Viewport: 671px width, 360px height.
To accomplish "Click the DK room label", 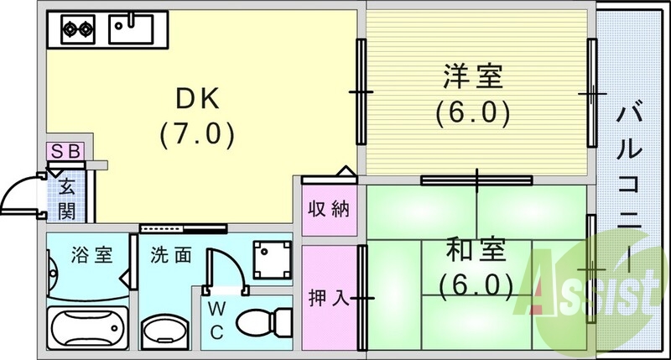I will tap(197, 98).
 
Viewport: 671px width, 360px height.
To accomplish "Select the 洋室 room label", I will tap(473, 78).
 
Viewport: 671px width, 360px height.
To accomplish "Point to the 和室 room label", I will tap(475, 251).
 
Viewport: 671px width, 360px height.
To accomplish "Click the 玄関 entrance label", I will tap(67, 196).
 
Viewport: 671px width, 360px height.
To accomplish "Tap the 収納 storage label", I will tap(328, 208).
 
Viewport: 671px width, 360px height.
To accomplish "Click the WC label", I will tap(216, 320).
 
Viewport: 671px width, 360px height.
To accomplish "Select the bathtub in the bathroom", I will tap(87, 329).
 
